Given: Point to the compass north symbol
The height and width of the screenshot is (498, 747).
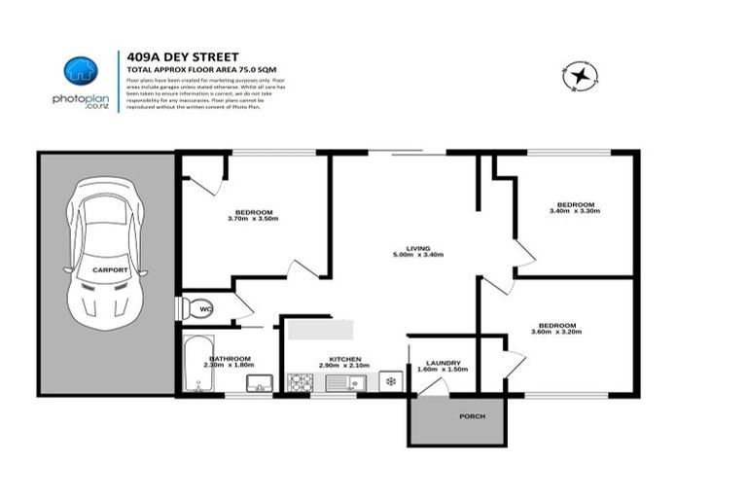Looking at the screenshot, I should tap(580, 76).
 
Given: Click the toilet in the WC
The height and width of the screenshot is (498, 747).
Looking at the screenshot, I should tap(195, 308).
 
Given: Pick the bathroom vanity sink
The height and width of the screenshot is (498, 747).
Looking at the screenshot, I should tap(258, 382).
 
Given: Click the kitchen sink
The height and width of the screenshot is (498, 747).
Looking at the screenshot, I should tap(342, 382).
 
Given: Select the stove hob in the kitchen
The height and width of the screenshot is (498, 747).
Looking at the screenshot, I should tap(297, 382).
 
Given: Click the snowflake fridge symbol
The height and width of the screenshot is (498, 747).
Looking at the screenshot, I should tap(391, 380).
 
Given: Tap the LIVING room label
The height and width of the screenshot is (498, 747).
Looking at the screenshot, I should tap(419, 247).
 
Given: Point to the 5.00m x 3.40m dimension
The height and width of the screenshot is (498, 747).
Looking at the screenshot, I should tap(419, 255).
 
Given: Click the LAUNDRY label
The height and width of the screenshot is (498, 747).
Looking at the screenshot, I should tap(443, 362).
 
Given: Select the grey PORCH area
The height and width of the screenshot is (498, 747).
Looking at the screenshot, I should tap(457, 420).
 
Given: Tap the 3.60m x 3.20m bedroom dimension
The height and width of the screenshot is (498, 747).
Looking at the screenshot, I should tap(558, 333).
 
